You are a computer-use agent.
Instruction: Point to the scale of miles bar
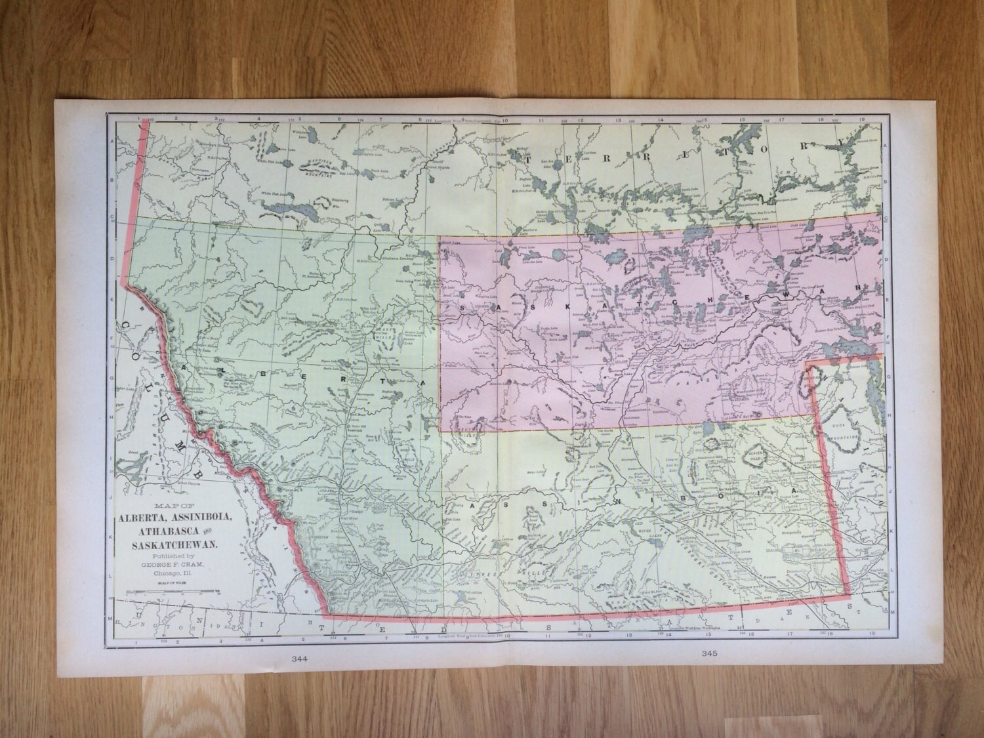click(x=174, y=592)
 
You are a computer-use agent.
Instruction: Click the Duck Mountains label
click(x=843, y=424)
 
